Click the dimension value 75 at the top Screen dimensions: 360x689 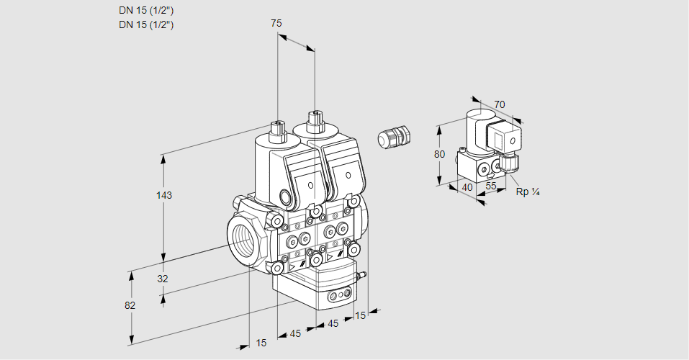[276, 24]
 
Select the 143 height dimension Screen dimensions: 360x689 [166, 195]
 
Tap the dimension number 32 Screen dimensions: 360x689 [162, 279]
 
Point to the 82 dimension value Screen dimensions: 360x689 [130, 305]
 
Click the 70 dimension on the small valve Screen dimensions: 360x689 [500, 104]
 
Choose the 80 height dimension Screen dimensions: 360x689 [440, 154]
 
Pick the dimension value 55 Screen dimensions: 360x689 [492, 185]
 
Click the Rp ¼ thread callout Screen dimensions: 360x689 [528, 192]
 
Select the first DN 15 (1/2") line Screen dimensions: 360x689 [146, 11]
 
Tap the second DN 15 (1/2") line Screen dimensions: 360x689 [146, 24]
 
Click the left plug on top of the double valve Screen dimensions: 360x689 [277, 130]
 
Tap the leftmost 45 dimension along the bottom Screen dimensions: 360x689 [295, 333]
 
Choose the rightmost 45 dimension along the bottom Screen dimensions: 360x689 [333, 324]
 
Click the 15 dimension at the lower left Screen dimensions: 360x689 [261, 343]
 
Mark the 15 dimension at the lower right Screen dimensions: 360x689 [361, 315]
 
